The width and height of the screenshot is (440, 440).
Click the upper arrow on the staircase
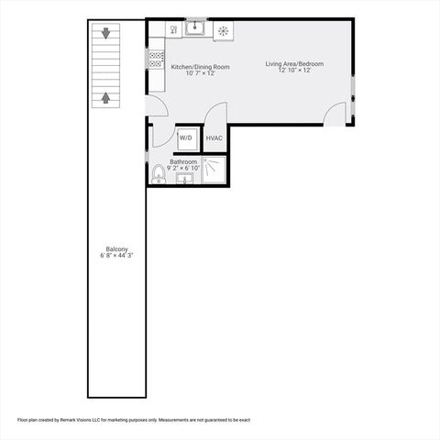tap(106, 35)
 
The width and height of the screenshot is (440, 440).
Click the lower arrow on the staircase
tap(106, 96)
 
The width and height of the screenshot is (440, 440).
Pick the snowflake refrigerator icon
tap(222, 30)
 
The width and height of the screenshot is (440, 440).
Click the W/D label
tap(186, 137)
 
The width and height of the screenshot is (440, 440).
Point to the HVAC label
tap(214, 137)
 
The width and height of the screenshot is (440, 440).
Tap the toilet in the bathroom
tap(159, 173)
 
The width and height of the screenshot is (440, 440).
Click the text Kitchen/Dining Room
tap(200, 67)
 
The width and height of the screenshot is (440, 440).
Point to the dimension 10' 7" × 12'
tap(200, 73)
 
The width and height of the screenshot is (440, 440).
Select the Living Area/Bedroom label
tap(294, 64)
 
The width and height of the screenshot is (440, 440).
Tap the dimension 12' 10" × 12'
tap(294, 71)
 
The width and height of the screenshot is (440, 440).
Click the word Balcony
tap(116, 249)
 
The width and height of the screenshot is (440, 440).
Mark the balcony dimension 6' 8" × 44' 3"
tap(116, 256)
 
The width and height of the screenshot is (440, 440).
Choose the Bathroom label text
tap(183, 161)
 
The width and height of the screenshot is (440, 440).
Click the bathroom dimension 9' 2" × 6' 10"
tap(183, 168)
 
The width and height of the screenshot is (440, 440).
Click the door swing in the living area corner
tap(336, 114)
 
